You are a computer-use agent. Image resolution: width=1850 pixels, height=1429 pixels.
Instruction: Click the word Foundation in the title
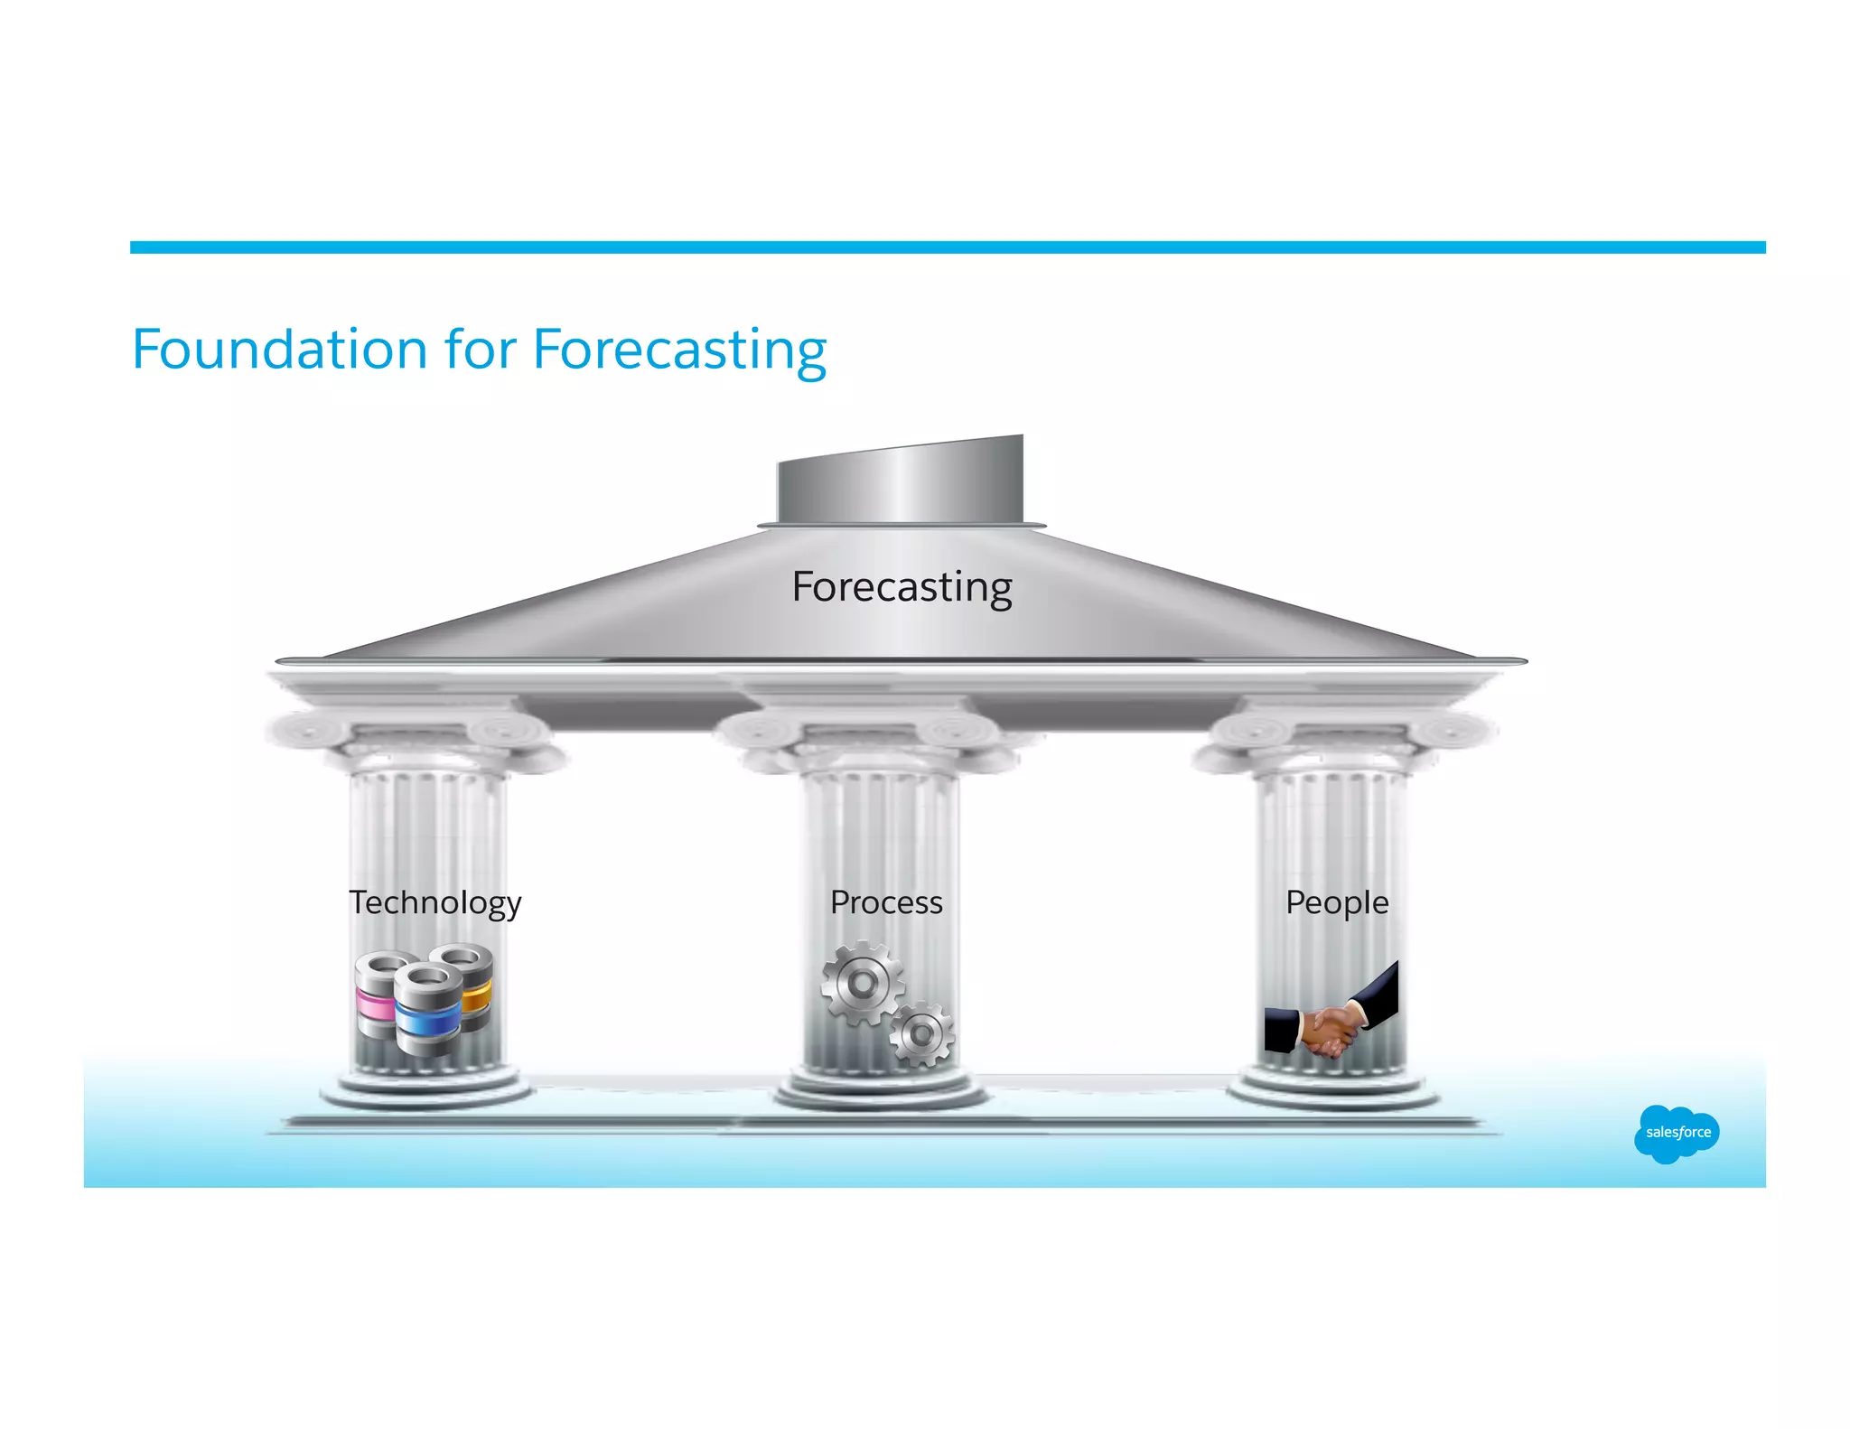[x=279, y=350]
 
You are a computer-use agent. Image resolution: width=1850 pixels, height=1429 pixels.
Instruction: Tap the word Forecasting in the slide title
[x=679, y=351]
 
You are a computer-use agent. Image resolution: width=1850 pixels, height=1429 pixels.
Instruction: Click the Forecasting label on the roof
[x=902, y=587]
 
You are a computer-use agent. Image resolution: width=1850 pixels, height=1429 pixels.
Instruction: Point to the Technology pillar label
[x=435, y=902]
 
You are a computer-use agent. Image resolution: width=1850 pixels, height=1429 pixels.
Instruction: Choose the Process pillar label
[x=886, y=902]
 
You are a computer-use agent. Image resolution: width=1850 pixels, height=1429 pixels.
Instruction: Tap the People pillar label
[x=1337, y=902]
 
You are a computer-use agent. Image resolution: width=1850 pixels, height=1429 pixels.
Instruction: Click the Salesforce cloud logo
[x=1677, y=1133]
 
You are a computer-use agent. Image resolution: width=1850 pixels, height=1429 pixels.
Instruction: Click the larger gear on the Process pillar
[x=861, y=983]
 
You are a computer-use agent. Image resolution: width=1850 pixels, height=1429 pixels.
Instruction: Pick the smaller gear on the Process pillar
[x=921, y=1033]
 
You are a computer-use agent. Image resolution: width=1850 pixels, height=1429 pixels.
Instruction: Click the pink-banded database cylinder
[x=375, y=994]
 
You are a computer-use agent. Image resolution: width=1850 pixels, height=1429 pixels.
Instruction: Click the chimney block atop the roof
[x=901, y=481]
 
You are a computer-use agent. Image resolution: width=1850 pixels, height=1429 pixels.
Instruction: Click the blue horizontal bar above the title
[x=948, y=248]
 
